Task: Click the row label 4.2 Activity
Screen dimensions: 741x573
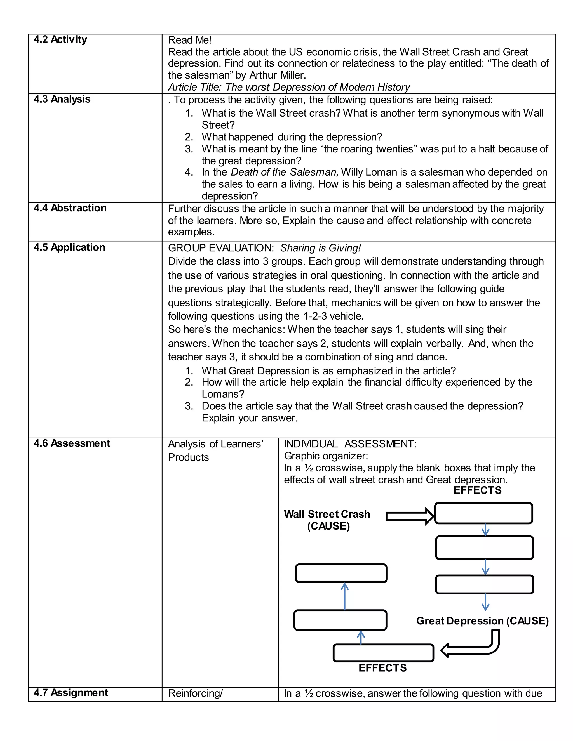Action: (60, 40)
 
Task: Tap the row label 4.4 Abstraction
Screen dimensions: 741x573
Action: (70, 208)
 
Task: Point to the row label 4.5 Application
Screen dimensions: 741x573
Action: (69, 247)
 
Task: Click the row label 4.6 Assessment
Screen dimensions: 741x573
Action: (72, 443)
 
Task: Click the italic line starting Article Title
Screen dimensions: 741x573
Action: (289, 87)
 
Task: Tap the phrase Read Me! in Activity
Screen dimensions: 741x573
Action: (189, 40)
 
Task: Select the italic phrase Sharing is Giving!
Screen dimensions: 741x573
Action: (320, 248)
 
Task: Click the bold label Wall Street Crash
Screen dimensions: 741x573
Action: (327, 514)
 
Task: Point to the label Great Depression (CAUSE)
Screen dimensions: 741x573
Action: (482, 621)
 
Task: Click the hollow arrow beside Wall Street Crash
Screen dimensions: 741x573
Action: (409, 516)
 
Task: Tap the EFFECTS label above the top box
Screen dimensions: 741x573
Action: (477, 490)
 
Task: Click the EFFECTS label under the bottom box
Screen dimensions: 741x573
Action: (382, 668)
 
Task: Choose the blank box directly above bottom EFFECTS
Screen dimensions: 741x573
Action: (383, 653)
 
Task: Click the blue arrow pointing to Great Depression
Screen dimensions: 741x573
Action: (485, 603)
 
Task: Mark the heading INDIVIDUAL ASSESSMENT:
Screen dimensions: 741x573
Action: (350, 444)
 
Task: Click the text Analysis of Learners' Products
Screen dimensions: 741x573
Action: (215, 450)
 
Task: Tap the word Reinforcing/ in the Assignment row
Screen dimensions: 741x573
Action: (195, 693)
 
